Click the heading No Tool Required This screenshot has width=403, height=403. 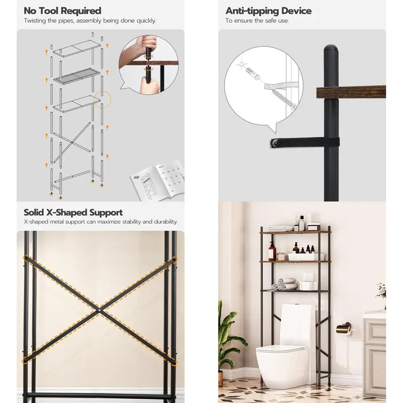(62, 10)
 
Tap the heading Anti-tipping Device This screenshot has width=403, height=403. (268, 10)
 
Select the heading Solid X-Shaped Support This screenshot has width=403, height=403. (73, 212)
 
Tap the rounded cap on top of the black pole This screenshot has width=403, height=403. (331, 50)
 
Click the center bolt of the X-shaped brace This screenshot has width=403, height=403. (100, 310)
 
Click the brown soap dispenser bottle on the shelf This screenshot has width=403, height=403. (272, 252)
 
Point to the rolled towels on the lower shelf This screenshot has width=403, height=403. (284, 284)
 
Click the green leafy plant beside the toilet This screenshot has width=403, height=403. (230, 339)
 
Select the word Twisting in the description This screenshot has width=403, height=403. (36, 21)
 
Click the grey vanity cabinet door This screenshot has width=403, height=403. (376, 355)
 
